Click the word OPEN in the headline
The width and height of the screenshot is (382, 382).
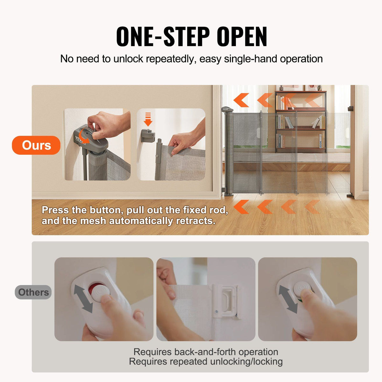point(242,37)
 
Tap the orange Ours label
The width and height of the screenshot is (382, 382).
point(36,145)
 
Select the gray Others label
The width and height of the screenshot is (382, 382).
point(33,292)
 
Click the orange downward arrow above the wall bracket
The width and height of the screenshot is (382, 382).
point(148,119)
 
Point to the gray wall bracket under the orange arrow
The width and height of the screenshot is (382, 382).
point(148,136)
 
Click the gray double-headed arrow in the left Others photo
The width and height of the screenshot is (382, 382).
point(83,299)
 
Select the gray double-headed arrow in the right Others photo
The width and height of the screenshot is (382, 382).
point(288,299)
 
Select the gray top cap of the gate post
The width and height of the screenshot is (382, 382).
point(227,109)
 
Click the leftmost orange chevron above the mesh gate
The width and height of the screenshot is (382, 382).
point(241,100)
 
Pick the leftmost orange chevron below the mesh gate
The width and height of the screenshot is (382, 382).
point(241,207)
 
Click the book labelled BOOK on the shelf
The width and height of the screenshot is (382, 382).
point(320,141)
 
